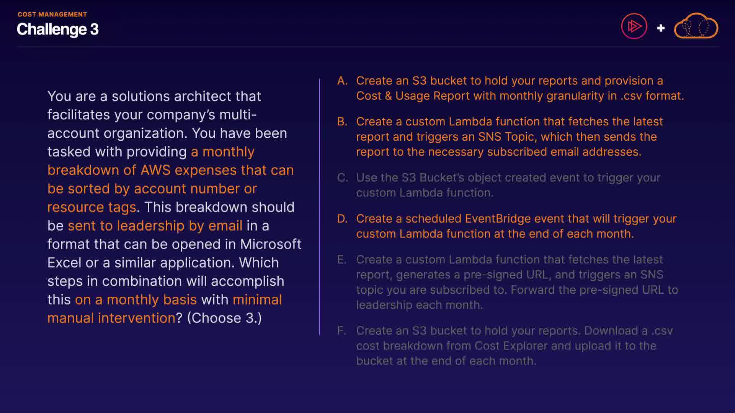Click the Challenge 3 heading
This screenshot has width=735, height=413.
57,29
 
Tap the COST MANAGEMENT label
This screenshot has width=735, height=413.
52,15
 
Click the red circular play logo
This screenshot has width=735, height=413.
634,26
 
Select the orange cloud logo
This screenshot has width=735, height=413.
696,26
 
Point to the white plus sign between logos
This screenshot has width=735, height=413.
661,28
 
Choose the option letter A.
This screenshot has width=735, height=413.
342,81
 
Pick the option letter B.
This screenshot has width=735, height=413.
342,122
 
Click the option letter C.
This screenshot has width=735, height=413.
342,178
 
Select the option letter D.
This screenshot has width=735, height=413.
342,219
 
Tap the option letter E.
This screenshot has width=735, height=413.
341,260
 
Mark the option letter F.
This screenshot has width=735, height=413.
341,331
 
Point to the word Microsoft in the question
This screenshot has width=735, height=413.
271,244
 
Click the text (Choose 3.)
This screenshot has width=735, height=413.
224,318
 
